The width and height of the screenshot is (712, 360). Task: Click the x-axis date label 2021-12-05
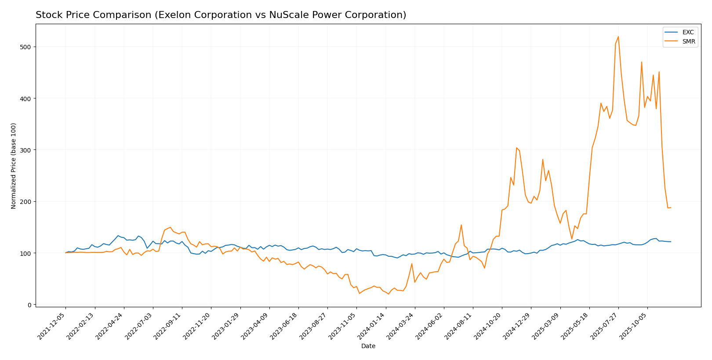click(x=52, y=326)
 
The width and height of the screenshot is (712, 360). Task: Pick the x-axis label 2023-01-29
click(x=226, y=326)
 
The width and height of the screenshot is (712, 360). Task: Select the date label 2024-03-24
click(x=401, y=326)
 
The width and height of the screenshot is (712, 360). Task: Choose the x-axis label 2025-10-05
click(x=633, y=326)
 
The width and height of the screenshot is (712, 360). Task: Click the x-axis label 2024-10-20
click(x=488, y=326)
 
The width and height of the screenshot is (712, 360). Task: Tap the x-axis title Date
click(x=368, y=346)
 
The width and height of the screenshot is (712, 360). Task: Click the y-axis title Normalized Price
click(x=14, y=166)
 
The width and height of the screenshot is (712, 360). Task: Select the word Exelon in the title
click(x=168, y=15)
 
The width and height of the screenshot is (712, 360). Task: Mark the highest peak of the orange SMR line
click(x=618, y=36)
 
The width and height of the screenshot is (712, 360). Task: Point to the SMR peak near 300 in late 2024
click(x=516, y=148)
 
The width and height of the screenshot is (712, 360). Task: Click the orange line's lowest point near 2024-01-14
click(x=389, y=294)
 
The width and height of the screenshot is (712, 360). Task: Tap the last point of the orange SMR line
click(x=671, y=207)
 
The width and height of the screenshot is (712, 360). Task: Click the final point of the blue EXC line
click(x=671, y=242)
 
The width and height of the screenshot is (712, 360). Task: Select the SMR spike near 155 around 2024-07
click(x=461, y=225)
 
